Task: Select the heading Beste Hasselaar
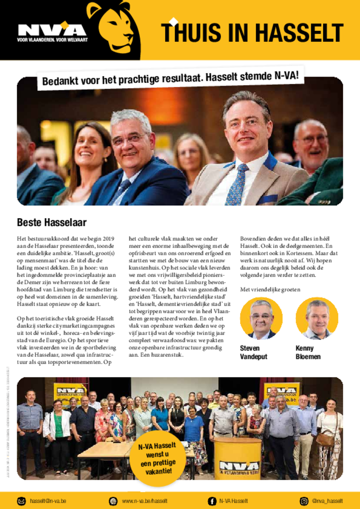coord(52,222)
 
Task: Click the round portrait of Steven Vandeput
coord(261,318)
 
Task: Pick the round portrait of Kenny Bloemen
coord(317,318)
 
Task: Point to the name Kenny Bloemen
coord(308,352)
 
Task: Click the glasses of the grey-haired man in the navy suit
coord(129,139)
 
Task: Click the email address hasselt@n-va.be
coord(48,501)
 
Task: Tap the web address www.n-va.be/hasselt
coord(145,501)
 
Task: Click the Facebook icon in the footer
coord(212,501)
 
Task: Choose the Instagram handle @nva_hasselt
coord(328,501)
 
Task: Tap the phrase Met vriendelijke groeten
coord(270,289)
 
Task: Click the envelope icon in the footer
coord(21,501)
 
